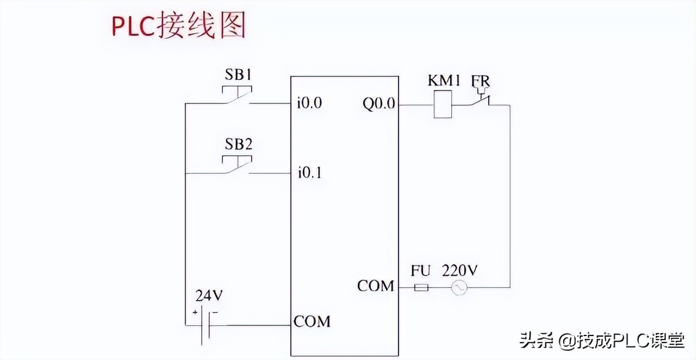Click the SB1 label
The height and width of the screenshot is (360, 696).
(238, 75)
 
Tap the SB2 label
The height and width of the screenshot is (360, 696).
(238, 145)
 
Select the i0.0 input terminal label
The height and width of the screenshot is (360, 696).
(309, 103)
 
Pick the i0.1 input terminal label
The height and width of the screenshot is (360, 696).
(309, 173)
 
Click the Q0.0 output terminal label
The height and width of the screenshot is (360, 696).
(379, 103)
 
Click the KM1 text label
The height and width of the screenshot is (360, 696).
(444, 81)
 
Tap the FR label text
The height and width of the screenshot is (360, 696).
(481, 81)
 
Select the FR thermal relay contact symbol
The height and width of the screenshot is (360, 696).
(480, 100)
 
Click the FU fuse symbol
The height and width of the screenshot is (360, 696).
(421, 287)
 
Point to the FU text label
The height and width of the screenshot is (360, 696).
(420, 270)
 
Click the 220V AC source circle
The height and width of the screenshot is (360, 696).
(459, 287)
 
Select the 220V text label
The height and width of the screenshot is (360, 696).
(460, 270)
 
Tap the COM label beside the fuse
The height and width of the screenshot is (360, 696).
(375, 285)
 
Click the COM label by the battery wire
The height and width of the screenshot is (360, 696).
(312, 321)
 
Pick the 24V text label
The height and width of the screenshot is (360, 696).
(209, 296)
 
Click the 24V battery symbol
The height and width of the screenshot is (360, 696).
(205, 325)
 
